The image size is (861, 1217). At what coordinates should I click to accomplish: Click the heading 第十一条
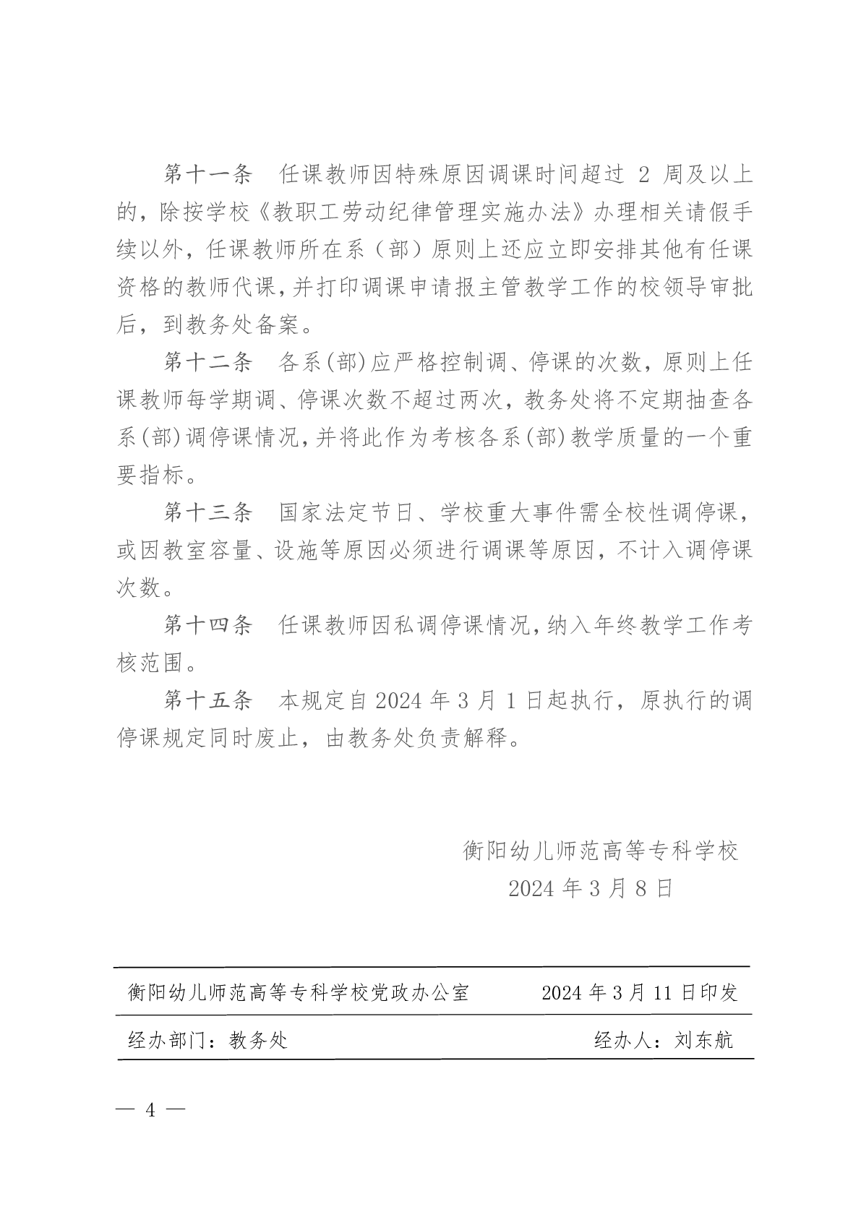(207, 174)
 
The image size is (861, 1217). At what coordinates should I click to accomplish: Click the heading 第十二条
(207, 362)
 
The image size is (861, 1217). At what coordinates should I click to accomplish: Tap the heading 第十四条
(207, 625)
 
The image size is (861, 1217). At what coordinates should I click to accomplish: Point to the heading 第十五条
(207, 700)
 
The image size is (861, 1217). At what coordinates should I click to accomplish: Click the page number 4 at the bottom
(150, 1109)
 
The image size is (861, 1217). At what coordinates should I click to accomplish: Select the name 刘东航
(703, 1040)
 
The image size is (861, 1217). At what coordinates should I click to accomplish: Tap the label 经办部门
(167, 1040)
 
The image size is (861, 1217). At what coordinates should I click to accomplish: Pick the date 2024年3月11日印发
(639, 992)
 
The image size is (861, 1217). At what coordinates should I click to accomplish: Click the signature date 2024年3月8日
(591, 888)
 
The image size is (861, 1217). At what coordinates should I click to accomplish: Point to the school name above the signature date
(601, 851)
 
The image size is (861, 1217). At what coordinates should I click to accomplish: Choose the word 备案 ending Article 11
(277, 324)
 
